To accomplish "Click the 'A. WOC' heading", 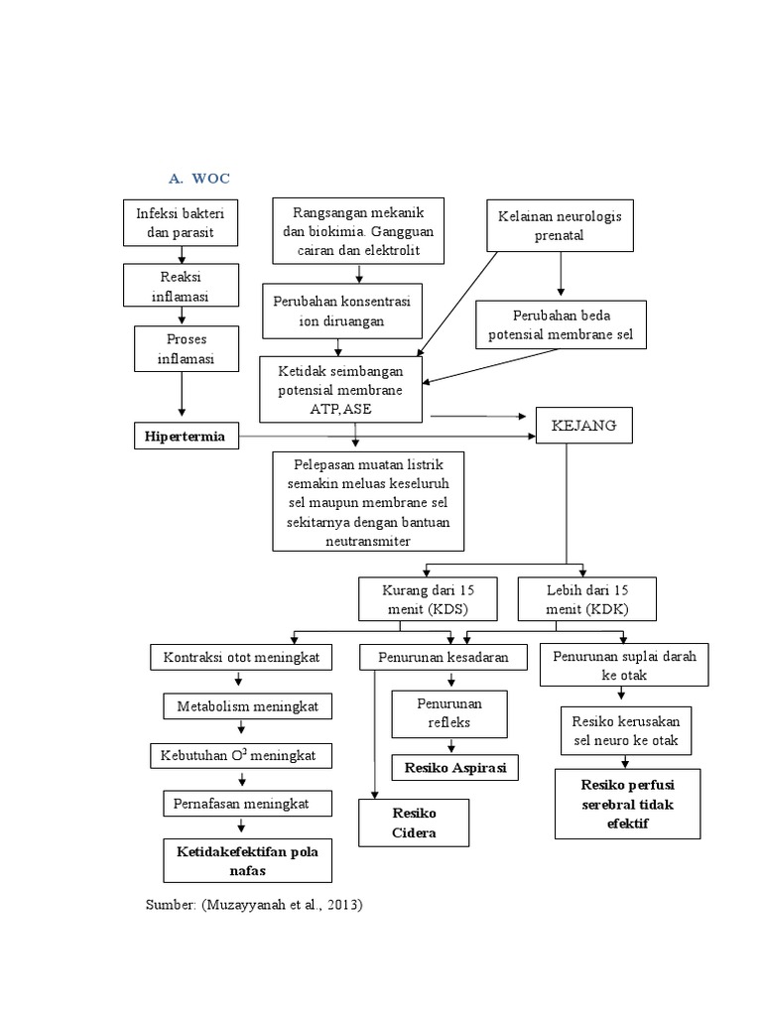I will [x=198, y=179].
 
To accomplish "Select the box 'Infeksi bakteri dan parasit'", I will [x=181, y=223].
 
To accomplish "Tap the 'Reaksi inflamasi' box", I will [x=181, y=286].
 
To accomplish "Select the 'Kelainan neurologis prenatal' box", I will [x=562, y=225].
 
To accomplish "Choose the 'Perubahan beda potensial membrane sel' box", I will [x=561, y=325].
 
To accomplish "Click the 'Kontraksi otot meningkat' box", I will [x=241, y=657].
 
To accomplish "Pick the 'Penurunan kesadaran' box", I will [x=442, y=657].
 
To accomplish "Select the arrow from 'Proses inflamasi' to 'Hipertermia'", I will [x=182, y=397].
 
